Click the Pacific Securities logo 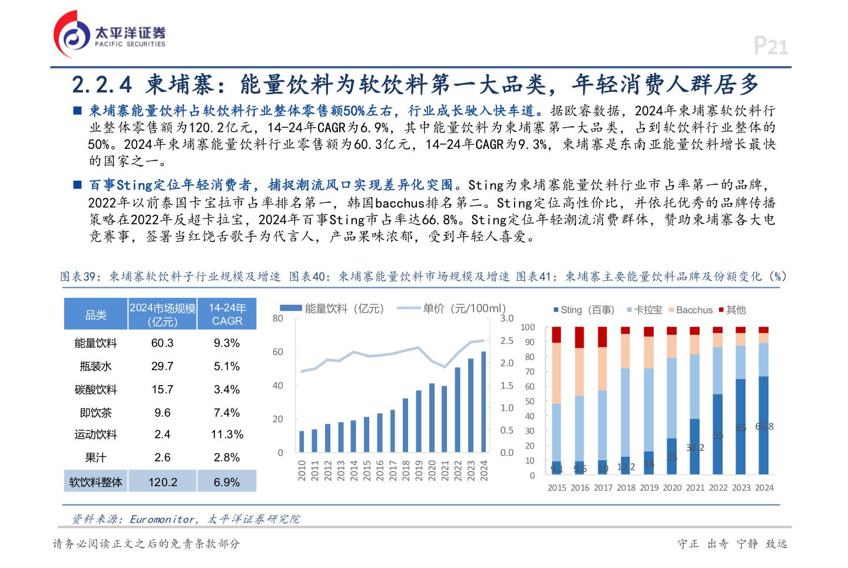coord(109,35)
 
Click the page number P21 coord(770,46)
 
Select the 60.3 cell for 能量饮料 coord(162,343)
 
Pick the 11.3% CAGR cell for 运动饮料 coord(227,435)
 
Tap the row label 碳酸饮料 coord(95,390)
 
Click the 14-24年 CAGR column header coord(227,314)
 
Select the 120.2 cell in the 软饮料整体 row coord(163,482)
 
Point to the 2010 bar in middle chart coord(302,441)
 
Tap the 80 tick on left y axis coord(278,318)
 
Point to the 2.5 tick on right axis coord(506,341)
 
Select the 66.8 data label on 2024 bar coord(764,427)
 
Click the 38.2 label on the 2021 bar coord(695,448)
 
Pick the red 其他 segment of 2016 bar coord(579,337)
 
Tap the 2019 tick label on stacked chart coord(649,488)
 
